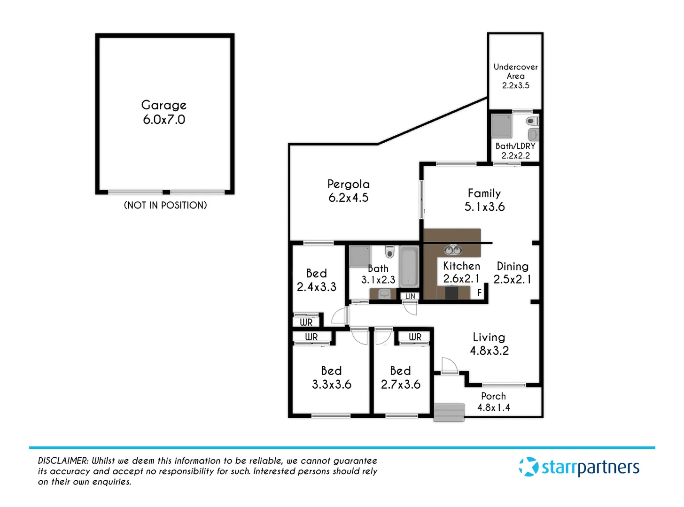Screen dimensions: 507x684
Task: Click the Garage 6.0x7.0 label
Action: tap(164, 112)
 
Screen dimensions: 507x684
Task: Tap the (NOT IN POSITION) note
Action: tap(165, 205)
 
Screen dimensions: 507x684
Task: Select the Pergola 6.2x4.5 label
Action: tap(348, 191)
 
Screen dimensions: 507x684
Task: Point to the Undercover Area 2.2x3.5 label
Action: tap(515, 76)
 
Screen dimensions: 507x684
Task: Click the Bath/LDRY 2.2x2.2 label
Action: tap(515, 151)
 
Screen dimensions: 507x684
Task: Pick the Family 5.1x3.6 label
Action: tap(484, 200)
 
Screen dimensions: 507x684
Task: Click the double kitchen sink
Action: tap(453, 250)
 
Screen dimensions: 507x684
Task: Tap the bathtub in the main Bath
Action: tap(409, 267)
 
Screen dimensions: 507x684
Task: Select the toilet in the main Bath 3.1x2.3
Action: tap(389, 252)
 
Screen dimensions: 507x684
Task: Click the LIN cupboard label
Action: tap(410, 296)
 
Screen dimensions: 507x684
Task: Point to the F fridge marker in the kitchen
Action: tap(479, 292)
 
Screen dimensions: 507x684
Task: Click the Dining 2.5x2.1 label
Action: tap(513, 273)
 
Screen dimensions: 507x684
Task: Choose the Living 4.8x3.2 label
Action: tap(489, 344)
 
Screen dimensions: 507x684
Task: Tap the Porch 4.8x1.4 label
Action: tap(493, 402)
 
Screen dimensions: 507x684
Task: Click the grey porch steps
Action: tap(449, 412)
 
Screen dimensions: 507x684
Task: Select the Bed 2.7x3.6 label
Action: tap(400, 377)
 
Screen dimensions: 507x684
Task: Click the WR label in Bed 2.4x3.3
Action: tap(306, 322)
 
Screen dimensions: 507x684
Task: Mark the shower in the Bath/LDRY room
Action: tap(502, 125)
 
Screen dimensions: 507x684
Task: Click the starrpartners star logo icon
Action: tap(529, 467)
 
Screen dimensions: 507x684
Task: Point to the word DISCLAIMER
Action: tap(63, 461)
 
